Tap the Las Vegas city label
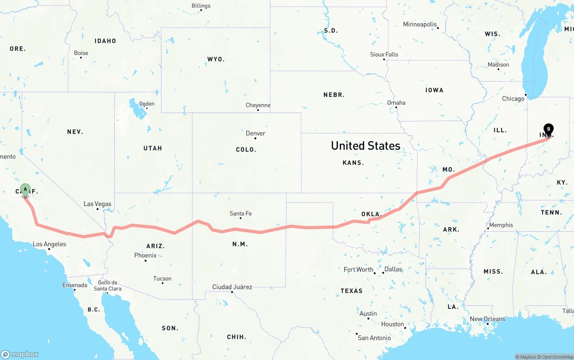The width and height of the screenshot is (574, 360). pyautogui.click(x=97, y=204)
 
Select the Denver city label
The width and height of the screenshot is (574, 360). pyautogui.click(x=256, y=133)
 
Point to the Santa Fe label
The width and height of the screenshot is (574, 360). pyautogui.click(x=240, y=213)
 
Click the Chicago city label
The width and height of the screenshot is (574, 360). pyautogui.click(x=513, y=99)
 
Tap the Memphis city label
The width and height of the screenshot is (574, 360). pyautogui.click(x=500, y=225)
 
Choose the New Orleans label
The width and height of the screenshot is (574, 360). pyautogui.click(x=487, y=319)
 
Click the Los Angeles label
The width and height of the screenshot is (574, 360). pyautogui.click(x=49, y=244)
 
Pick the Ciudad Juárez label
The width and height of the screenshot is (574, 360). pyautogui.click(x=232, y=287)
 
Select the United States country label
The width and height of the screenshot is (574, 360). pyautogui.click(x=365, y=145)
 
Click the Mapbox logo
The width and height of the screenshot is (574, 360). pyautogui.click(x=20, y=354)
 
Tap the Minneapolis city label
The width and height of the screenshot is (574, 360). pyautogui.click(x=420, y=24)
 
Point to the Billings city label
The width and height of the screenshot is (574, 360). pyautogui.click(x=201, y=6)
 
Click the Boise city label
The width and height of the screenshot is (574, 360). pyautogui.click(x=81, y=53)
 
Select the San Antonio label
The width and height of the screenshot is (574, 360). pyautogui.click(x=374, y=338)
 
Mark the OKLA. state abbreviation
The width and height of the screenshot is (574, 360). pyautogui.click(x=371, y=214)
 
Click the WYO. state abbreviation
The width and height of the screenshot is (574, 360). pyautogui.click(x=216, y=59)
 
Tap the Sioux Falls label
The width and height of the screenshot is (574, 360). pyautogui.click(x=384, y=54)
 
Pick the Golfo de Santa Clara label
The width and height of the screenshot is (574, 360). pyautogui.click(x=107, y=286)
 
